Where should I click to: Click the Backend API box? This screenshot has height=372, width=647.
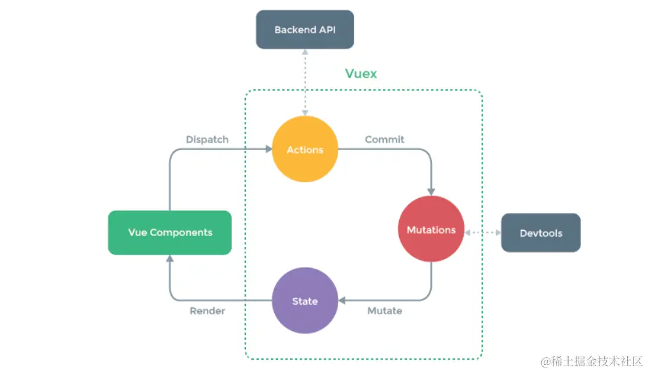305,30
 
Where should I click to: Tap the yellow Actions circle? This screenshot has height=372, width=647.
305,150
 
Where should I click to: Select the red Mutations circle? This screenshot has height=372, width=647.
431,230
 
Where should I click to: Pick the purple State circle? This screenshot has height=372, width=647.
305,301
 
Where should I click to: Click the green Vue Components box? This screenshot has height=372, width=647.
170,232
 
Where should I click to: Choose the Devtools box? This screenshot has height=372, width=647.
541,233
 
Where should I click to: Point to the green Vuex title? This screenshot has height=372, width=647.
361,73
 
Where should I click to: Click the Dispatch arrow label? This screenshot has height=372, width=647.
207,139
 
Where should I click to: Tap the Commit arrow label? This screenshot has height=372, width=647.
384,139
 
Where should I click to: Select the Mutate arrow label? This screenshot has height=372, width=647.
384,311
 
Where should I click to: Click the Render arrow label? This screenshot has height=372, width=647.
207,311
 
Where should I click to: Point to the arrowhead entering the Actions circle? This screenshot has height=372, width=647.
268,149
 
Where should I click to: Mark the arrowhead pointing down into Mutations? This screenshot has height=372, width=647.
431,191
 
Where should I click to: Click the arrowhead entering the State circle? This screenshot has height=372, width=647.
342,300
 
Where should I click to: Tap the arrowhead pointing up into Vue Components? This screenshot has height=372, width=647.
170,258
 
